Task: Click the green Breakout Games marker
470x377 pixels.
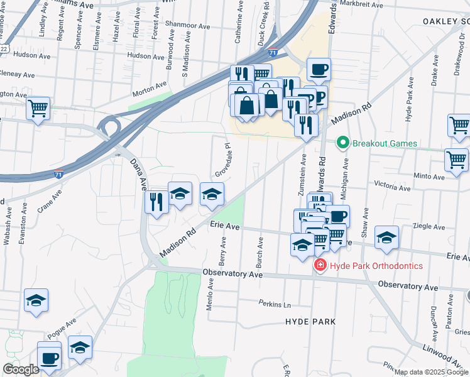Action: pyautogui.click(x=343, y=143)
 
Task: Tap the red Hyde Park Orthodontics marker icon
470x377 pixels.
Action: pyautogui.click(x=320, y=266)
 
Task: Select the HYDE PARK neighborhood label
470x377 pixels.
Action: pyautogui.click(x=310, y=322)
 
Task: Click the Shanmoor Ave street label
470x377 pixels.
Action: pyautogui.click(x=187, y=26)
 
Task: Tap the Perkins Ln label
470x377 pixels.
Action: pyautogui.click(x=275, y=304)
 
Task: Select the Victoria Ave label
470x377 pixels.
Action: pyautogui.click(x=392, y=187)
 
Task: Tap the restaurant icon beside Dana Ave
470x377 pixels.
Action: pyautogui.click(x=155, y=202)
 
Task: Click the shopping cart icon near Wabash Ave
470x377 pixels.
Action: pyautogui.click(x=38, y=108)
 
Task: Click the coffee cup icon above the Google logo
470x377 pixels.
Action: pyautogui.click(x=49, y=359)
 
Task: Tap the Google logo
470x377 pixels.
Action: pyautogui.click(x=21, y=369)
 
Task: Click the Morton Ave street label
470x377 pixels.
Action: pyautogui.click(x=149, y=88)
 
